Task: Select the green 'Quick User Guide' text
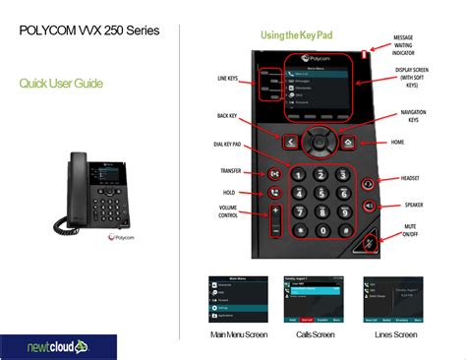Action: click(x=61, y=84)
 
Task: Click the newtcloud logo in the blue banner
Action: click(x=58, y=346)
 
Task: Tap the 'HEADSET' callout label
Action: click(x=413, y=178)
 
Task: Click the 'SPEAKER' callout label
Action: click(x=414, y=205)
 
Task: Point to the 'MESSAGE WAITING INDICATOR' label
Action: click(x=403, y=45)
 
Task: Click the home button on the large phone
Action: click(x=349, y=142)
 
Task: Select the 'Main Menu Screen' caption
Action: click(x=238, y=334)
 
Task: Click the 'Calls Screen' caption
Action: click(x=316, y=334)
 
